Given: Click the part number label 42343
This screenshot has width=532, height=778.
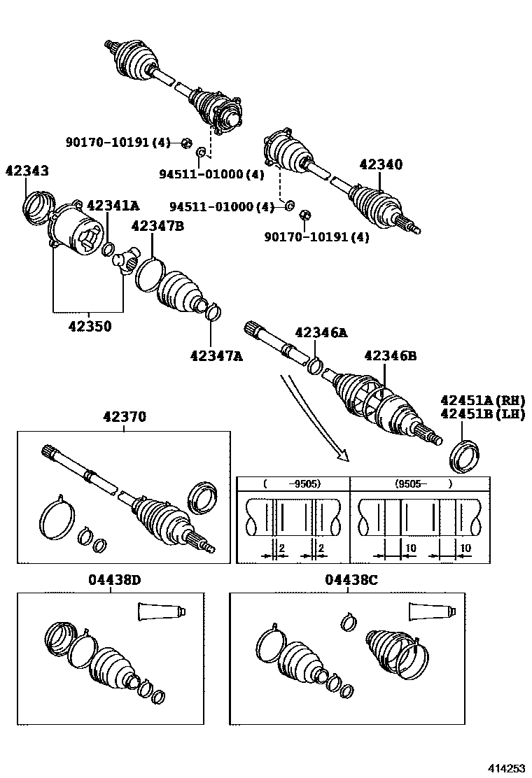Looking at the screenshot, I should (x=27, y=170).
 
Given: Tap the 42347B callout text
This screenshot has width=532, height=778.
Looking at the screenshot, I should (x=157, y=226).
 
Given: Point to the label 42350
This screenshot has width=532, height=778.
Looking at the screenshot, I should (x=89, y=326).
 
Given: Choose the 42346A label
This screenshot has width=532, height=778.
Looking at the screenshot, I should (x=321, y=334).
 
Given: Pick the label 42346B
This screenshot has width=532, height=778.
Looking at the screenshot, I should (x=391, y=356).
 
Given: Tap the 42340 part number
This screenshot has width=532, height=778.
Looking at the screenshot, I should (x=381, y=164).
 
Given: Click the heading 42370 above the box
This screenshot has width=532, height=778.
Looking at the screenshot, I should (x=124, y=417).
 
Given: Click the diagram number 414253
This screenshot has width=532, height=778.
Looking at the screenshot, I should (x=505, y=768).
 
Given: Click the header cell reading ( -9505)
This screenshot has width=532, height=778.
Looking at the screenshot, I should (x=293, y=483).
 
